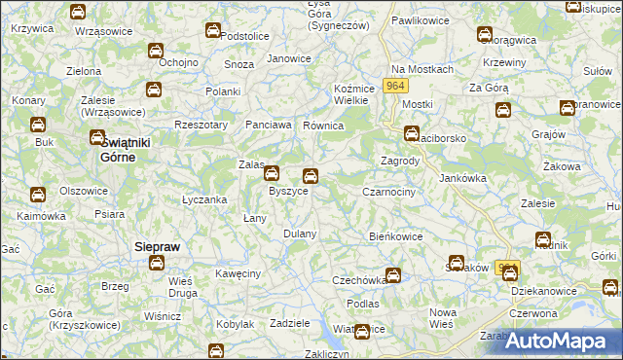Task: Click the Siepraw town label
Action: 156,247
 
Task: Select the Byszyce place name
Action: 288,192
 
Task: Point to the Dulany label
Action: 300,234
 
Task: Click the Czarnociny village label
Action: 389,193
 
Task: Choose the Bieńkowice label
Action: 396,235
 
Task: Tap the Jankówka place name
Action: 462,178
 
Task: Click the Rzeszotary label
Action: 201,125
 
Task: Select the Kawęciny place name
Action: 238,273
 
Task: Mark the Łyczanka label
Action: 204,199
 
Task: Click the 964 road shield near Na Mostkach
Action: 395,87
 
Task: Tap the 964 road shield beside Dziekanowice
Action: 507,267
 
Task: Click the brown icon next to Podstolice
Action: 212,31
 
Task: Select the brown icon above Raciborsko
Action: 412,134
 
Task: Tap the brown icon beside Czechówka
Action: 392,275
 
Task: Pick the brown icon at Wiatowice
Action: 362,331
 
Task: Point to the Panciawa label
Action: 269,125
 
